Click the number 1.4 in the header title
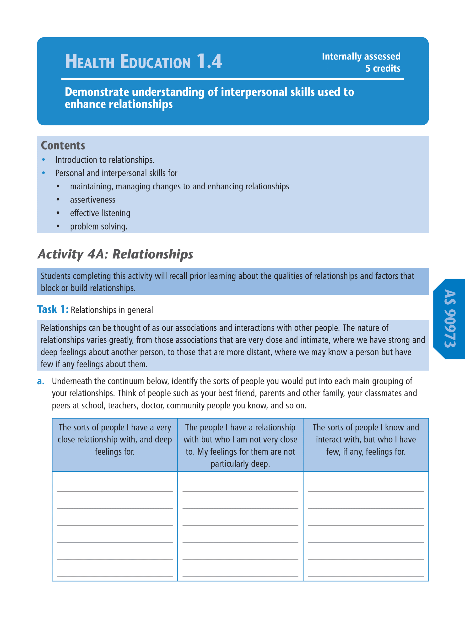[209, 61]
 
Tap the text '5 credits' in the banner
[383, 68]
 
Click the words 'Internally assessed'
[361, 56]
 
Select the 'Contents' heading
[63, 146]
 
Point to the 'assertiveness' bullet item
[93, 200]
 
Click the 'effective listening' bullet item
[100, 213]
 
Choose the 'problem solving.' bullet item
[98, 226]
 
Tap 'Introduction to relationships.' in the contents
[105, 160]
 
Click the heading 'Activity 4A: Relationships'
[115, 254]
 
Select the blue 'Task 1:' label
[53, 309]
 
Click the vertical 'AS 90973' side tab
[449, 318]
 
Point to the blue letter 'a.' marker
[41, 381]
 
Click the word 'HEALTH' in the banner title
[90, 62]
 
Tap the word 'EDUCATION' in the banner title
[155, 62]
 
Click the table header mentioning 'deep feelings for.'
[114, 439]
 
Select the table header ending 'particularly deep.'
[240, 445]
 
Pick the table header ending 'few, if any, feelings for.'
[366, 439]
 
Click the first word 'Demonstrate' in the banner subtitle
[97, 92]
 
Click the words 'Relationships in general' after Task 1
[112, 310]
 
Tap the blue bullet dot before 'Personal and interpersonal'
[43, 173]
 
